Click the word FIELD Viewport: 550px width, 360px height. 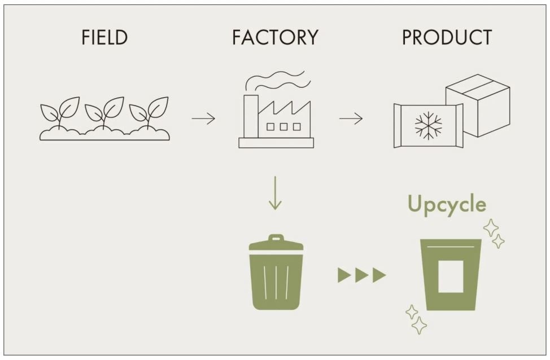104,38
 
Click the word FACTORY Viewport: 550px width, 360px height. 275,38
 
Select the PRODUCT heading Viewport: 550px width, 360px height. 446,38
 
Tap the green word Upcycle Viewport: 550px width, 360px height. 447,204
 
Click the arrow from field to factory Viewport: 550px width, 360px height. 203,119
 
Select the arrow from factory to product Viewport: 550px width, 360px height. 351,119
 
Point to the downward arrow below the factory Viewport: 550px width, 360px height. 275,193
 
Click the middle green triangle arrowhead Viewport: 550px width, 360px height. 361,275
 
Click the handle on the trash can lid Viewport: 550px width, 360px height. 276,238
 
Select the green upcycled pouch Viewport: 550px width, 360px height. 451,275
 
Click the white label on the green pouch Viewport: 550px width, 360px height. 451,276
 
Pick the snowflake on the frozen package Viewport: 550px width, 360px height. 428,126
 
